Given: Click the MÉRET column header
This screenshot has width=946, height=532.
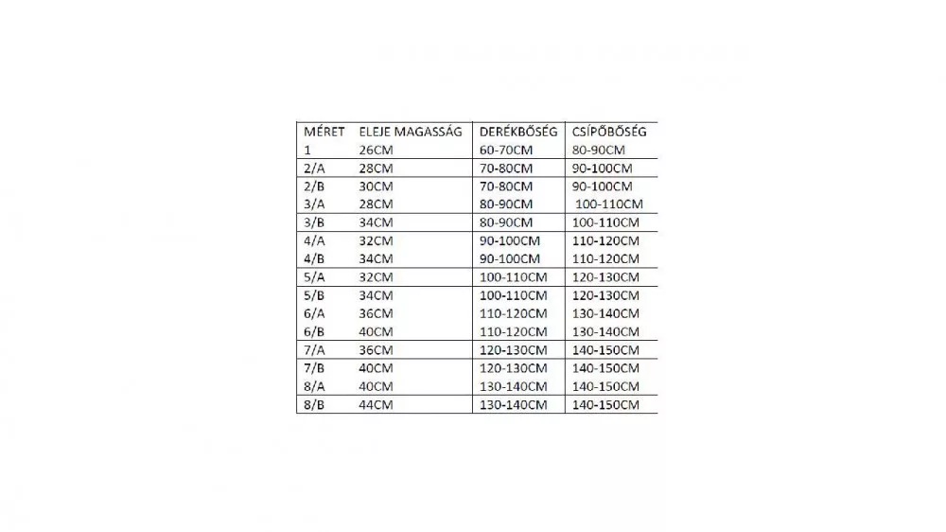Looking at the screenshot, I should tap(324, 132).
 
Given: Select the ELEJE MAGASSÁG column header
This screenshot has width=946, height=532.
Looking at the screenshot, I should tap(411, 132).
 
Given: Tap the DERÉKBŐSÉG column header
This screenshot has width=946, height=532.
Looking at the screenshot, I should tap(518, 132).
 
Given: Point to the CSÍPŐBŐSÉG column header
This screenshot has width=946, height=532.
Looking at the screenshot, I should tap(609, 132).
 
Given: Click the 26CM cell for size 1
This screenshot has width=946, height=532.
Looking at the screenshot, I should tap(376, 150).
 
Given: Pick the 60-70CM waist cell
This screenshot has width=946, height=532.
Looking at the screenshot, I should tap(506, 150).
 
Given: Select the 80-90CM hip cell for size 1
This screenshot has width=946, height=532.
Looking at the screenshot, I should tap(599, 150).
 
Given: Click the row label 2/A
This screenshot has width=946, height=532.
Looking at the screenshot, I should tap(312, 168).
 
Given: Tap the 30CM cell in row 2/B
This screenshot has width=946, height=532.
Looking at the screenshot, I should tap(376, 186).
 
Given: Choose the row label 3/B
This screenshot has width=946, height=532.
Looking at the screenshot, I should tap(312, 222).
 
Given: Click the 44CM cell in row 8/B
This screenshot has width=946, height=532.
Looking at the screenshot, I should tap(376, 405).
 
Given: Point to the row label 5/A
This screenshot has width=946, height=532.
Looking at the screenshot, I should tap(312, 277).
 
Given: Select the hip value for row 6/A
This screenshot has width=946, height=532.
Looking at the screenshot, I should tap(605, 313).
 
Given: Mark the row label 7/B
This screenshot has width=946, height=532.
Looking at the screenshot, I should tap(312, 368).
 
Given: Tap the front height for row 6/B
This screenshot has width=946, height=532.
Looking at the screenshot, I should tap(376, 332).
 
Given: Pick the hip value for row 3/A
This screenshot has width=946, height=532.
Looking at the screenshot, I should tap(609, 204).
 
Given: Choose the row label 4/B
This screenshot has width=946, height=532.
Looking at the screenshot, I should tap(312, 258).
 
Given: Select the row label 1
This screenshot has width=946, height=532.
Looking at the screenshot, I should tap(307, 150).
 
